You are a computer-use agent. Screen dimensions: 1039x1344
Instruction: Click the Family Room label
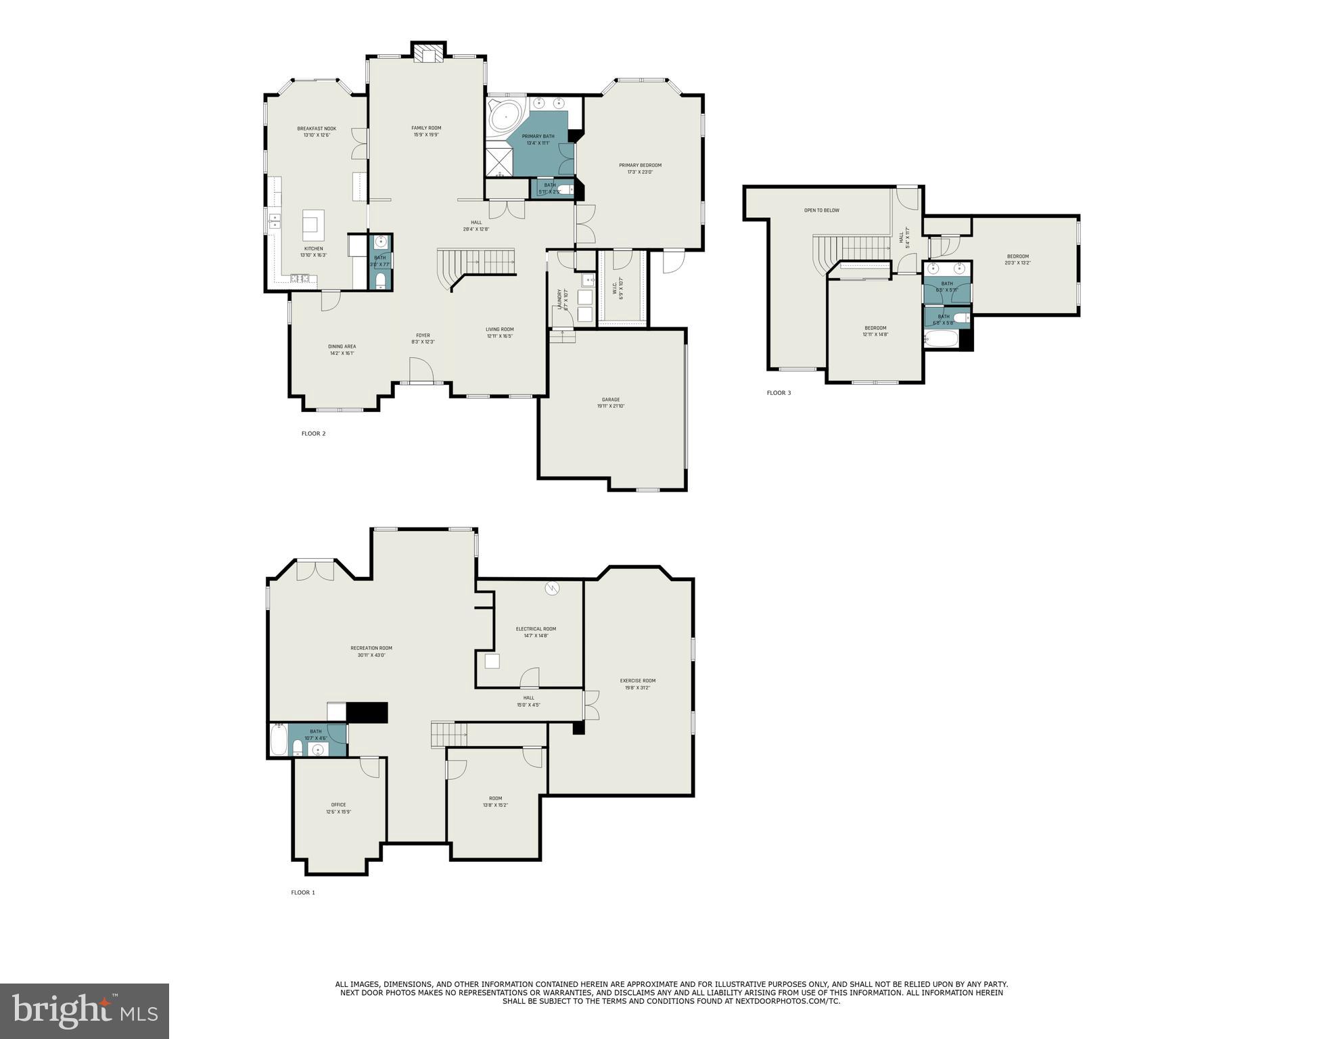point(426,128)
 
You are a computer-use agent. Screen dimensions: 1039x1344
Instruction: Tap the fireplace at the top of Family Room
point(429,53)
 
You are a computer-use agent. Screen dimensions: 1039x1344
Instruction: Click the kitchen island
point(312,225)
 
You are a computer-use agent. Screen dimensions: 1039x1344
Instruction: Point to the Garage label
point(611,400)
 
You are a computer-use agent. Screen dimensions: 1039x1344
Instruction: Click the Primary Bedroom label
point(640,165)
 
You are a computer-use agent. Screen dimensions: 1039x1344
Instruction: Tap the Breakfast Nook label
point(317,129)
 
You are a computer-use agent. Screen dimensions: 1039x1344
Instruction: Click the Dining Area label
point(342,346)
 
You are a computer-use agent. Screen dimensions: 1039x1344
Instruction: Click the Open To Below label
point(821,210)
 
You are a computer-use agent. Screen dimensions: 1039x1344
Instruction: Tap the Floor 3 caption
point(779,393)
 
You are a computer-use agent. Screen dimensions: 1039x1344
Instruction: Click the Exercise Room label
point(638,680)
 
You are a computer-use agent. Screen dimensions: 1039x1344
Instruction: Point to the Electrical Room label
point(536,629)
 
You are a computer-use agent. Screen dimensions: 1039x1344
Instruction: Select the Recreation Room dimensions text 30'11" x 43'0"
point(371,655)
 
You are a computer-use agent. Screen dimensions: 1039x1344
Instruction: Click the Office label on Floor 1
point(338,805)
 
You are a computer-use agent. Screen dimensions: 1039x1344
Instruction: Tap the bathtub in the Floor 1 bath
point(279,741)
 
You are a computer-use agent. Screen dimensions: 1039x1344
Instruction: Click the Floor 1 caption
point(303,893)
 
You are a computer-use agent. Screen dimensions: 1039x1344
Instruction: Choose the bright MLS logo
point(85,1011)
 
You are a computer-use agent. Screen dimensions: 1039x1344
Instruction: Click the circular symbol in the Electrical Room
point(553,588)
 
